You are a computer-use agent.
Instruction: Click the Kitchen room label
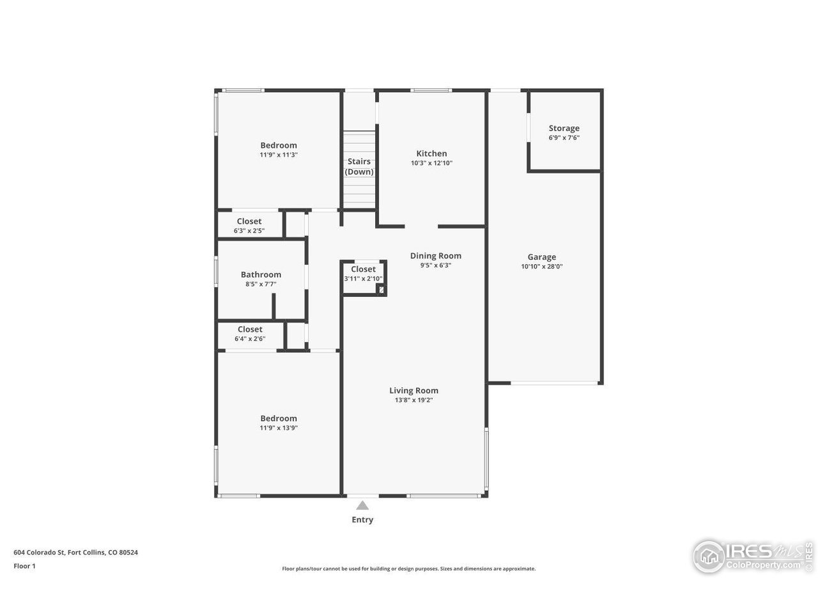(x=431, y=153)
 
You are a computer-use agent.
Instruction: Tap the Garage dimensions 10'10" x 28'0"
(x=541, y=267)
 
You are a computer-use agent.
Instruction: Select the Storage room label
(x=564, y=129)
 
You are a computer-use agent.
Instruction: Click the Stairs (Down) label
(x=359, y=166)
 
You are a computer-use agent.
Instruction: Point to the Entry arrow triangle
(x=362, y=505)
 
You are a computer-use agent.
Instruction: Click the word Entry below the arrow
(x=362, y=520)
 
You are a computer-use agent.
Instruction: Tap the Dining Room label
(x=435, y=256)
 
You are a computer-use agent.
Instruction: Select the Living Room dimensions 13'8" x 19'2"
(x=413, y=400)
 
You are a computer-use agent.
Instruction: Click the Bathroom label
(x=261, y=274)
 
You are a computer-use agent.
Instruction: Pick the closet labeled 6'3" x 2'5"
(x=249, y=226)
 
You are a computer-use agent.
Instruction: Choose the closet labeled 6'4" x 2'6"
(x=250, y=334)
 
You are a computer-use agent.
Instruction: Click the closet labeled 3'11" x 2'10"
(x=363, y=274)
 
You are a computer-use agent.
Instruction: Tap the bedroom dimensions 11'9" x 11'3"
(x=278, y=155)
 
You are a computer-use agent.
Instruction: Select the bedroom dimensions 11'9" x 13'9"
(x=278, y=428)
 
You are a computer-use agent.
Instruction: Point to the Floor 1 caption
(x=24, y=566)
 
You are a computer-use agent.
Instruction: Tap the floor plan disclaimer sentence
(x=409, y=569)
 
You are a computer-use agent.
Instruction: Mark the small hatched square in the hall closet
(x=382, y=290)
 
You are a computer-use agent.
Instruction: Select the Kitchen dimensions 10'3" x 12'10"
(x=431, y=163)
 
